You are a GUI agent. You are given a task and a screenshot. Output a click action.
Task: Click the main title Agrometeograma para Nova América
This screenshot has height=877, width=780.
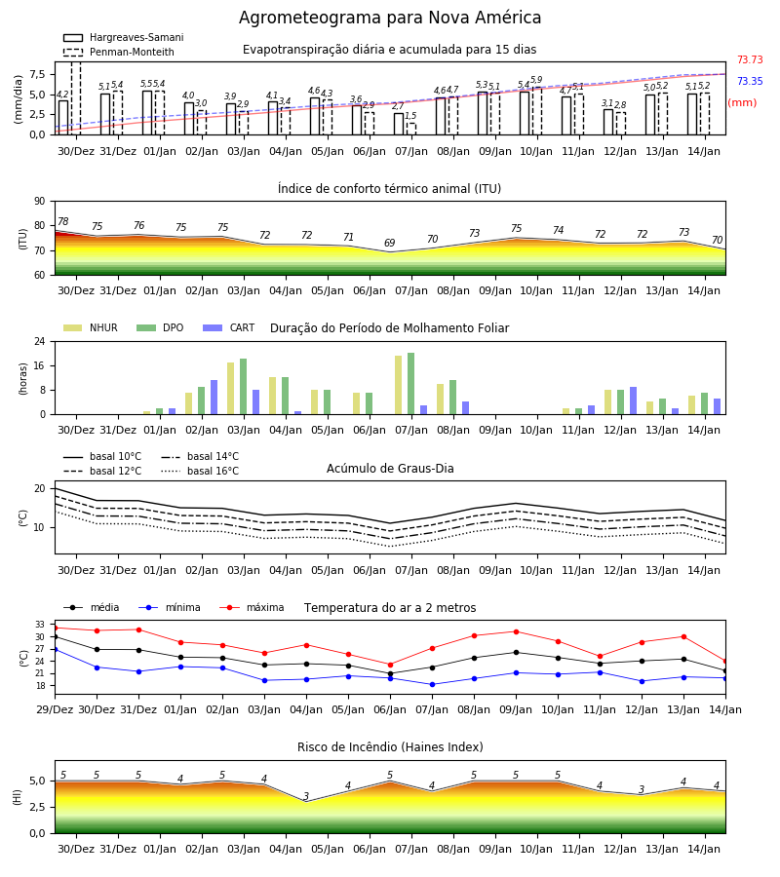pos(390,18)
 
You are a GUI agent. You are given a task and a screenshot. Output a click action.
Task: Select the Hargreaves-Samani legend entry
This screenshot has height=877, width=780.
pos(124,37)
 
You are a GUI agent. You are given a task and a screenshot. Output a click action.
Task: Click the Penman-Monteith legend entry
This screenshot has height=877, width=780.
pos(119,52)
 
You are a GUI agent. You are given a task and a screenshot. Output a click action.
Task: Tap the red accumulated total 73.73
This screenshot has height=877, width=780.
pos(750,59)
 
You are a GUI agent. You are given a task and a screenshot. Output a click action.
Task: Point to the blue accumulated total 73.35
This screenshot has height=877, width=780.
pos(750,81)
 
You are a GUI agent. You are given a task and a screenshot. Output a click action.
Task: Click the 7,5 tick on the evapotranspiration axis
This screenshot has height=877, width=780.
pos(37,74)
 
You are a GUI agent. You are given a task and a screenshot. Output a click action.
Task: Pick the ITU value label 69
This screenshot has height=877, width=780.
pos(389,243)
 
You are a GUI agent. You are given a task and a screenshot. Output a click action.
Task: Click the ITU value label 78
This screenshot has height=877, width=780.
pos(63,221)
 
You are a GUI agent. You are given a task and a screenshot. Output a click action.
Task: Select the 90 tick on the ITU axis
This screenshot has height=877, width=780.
pos(40,202)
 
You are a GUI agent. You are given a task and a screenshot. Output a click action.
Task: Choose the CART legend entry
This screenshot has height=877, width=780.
pos(229,327)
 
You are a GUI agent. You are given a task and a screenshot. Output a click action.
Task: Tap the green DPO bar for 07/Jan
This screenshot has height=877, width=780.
pos(410,384)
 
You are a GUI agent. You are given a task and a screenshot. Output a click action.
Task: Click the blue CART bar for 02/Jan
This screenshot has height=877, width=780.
pos(214,398)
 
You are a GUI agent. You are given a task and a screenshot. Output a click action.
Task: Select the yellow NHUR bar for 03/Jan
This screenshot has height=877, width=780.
pos(230,389)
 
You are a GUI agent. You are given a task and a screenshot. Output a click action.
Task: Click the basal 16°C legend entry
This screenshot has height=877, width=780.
pos(200,471)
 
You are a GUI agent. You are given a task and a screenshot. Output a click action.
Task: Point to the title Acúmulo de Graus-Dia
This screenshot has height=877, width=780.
pos(390,468)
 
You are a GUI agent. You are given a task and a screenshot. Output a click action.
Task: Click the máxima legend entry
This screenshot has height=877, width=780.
pos(252,607)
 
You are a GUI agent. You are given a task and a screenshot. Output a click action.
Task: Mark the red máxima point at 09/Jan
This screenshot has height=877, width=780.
pos(516,632)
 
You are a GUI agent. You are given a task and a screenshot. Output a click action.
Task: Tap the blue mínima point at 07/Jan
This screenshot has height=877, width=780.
pos(432,685)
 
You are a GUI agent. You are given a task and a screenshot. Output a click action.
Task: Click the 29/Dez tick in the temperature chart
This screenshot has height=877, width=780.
pos(55,709)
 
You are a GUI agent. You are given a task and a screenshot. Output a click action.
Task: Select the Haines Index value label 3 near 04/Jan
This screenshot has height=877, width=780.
pos(306,796)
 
